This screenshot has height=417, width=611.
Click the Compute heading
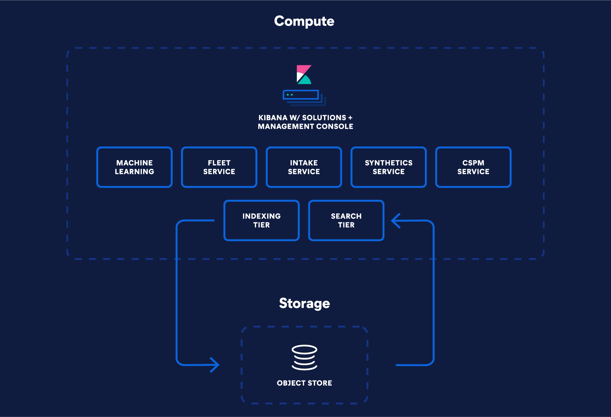[304, 21]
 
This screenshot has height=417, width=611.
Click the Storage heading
[304, 303]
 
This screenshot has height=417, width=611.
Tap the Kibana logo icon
[304, 74]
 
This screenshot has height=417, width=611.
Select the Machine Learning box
[134, 167]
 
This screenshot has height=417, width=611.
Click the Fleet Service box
[219, 167]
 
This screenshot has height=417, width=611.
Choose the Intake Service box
[304, 167]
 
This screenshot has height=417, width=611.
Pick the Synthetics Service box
[389, 167]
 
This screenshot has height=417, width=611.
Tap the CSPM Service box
[473, 167]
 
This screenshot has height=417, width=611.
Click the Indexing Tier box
[262, 220]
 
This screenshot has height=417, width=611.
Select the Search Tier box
[346, 220]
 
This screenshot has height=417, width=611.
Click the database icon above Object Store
[304, 357]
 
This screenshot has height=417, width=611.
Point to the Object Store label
[304, 383]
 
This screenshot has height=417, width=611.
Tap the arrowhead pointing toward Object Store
[215, 365]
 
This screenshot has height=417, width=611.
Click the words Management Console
[305, 127]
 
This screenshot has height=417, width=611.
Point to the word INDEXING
[262, 216]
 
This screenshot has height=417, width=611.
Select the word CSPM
[473, 163]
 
